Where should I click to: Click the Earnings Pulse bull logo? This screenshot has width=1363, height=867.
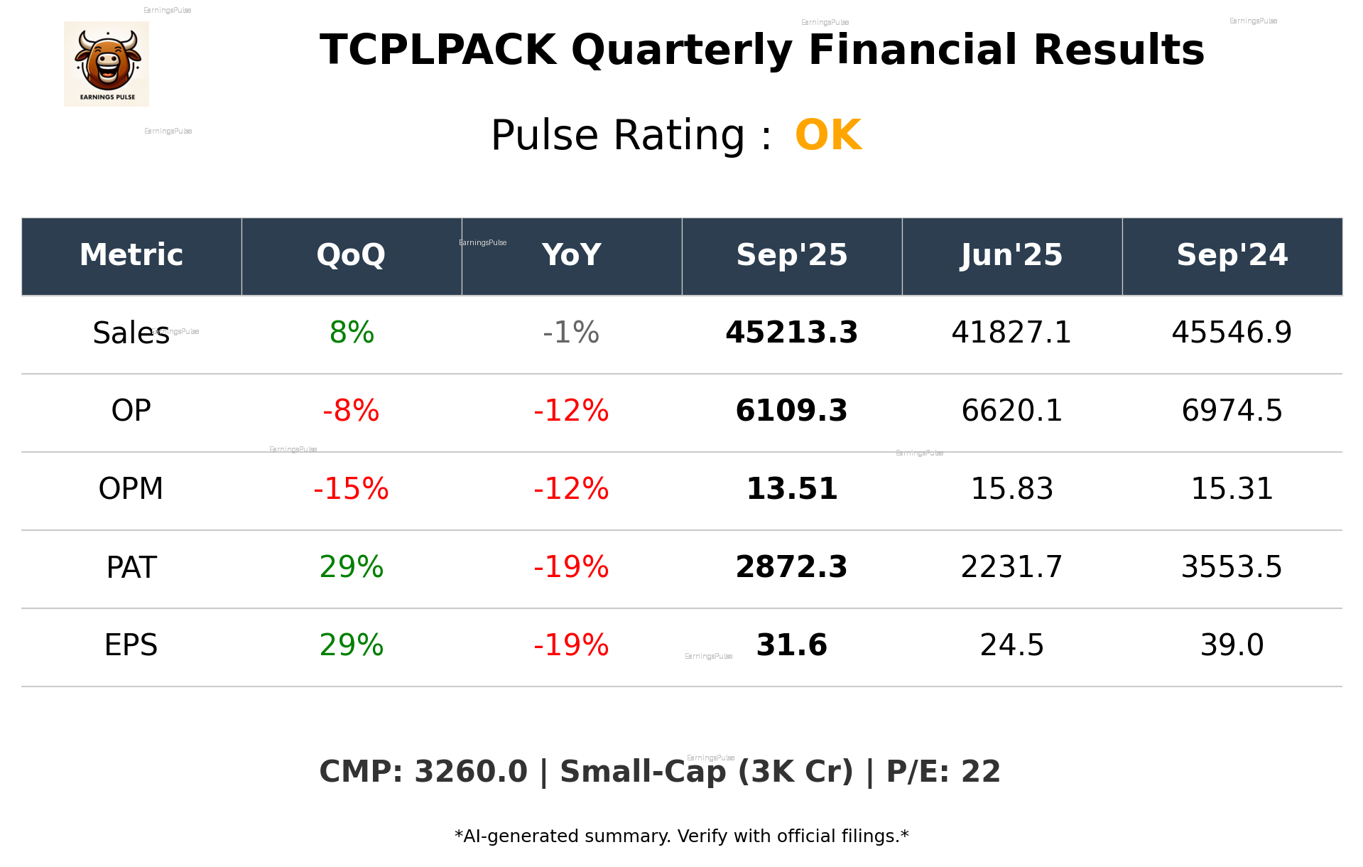107,64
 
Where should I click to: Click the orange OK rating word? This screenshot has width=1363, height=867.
828,135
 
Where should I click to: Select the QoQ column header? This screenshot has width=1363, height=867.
351,255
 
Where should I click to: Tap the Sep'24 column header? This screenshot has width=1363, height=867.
1232,255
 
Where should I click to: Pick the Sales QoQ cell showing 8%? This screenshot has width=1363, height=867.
352,333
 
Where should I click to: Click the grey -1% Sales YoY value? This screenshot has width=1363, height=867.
571,333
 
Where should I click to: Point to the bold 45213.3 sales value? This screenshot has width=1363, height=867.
791,333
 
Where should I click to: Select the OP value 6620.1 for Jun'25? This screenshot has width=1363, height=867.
1011,411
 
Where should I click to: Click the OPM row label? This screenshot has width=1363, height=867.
131,489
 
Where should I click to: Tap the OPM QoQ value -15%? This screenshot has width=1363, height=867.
351,489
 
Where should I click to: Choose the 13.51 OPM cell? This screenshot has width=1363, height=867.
791,489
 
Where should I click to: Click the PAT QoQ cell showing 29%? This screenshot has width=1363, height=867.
352,567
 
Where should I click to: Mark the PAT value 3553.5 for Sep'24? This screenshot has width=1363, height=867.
1232,567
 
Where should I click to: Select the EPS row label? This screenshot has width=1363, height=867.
131,645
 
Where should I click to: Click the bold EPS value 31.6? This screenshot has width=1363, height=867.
791,645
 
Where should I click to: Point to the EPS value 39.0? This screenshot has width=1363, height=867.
1232,645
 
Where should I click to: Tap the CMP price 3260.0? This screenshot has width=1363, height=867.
470,772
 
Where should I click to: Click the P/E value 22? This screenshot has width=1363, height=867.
981,772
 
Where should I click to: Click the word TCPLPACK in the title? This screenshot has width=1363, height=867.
438,50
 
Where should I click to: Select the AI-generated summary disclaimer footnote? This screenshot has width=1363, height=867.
681,836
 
